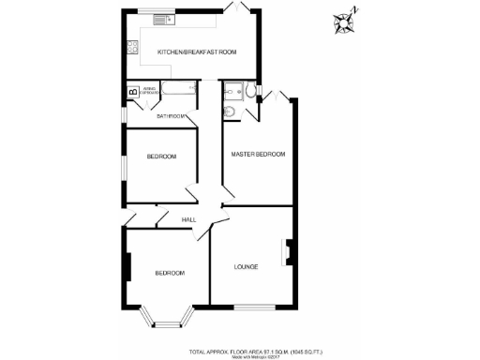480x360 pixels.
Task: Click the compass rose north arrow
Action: [346, 22]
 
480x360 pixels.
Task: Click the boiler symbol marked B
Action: [133, 92]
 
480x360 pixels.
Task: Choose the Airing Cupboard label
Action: [151, 92]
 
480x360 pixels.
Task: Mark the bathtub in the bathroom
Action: [178, 91]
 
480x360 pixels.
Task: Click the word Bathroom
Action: [171, 115]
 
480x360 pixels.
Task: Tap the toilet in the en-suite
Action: [231, 92]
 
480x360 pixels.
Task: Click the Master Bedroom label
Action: [258, 154]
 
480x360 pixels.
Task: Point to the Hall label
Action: [187, 220]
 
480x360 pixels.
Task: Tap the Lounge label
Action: [246, 267]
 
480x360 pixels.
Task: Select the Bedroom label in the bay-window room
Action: [169, 273]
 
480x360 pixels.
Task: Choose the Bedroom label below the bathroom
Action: [161, 157]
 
